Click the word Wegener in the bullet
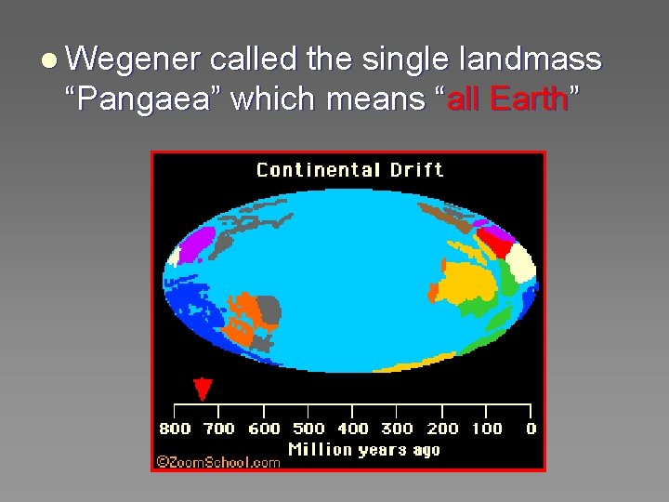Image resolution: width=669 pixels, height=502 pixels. (134, 60)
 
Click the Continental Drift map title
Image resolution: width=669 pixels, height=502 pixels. (349, 169)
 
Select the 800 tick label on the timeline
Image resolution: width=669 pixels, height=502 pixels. (175, 429)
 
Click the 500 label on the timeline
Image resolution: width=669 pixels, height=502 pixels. (308, 429)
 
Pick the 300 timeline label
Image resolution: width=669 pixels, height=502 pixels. (397, 429)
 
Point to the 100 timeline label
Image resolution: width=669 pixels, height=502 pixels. (486, 429)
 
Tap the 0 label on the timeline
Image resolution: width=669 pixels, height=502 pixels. (531, 429)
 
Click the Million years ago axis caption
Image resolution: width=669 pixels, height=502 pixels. (363, 450)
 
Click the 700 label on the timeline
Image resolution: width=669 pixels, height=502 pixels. (219, 429)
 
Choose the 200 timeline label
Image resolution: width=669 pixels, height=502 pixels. (442, 429)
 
